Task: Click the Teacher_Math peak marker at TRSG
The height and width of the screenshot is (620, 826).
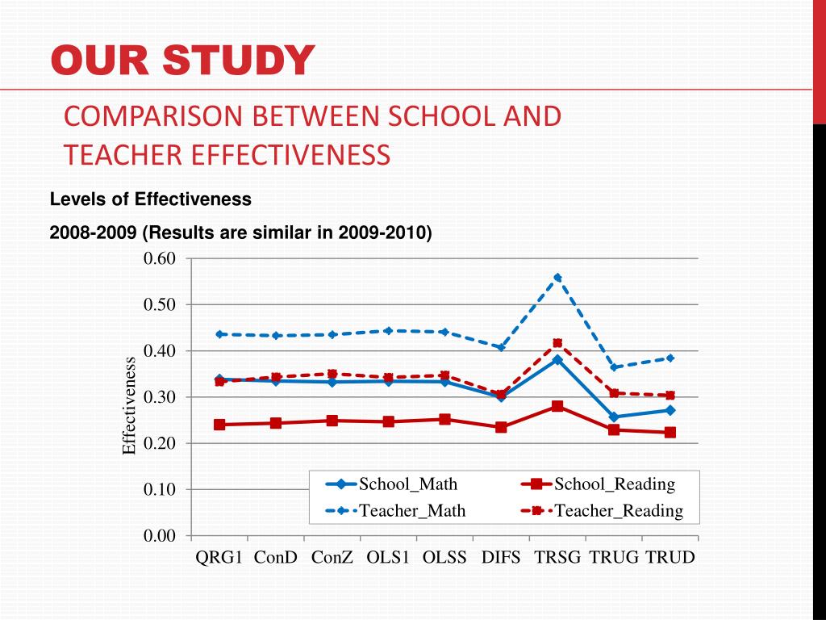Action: pos(557,277)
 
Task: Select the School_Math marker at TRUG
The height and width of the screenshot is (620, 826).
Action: pos(614,417)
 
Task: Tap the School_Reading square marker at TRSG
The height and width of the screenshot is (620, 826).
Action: pos(557,406)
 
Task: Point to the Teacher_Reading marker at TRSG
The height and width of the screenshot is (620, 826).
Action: pos(557,343)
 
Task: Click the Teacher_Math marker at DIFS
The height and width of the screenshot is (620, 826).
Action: pos(501,348)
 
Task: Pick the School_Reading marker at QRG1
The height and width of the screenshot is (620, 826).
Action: pos(219,425)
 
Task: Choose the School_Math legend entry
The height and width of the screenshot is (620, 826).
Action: pos(391,484)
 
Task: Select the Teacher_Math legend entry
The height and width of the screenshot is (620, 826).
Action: pos(395,510)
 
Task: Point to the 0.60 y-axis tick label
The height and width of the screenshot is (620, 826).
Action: pos(159,258)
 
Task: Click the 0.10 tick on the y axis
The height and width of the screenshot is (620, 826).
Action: pos(159,489)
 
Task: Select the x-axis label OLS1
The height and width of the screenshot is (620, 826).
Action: pos(388,558)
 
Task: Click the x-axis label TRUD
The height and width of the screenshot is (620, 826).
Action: pos(670,558)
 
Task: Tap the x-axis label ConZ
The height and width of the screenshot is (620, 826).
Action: pos(332,558)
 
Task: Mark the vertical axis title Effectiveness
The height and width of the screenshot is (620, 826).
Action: pos(130,406)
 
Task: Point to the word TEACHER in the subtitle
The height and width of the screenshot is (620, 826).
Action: pos(121,153)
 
